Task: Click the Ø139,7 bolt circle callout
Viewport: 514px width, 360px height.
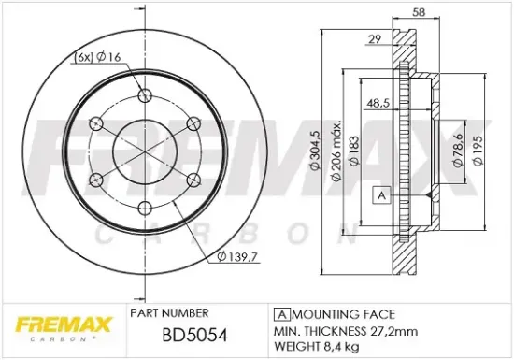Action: [236, 256]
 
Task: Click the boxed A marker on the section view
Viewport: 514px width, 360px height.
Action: [380, 194]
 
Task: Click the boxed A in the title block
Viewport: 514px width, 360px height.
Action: [279, 313]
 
